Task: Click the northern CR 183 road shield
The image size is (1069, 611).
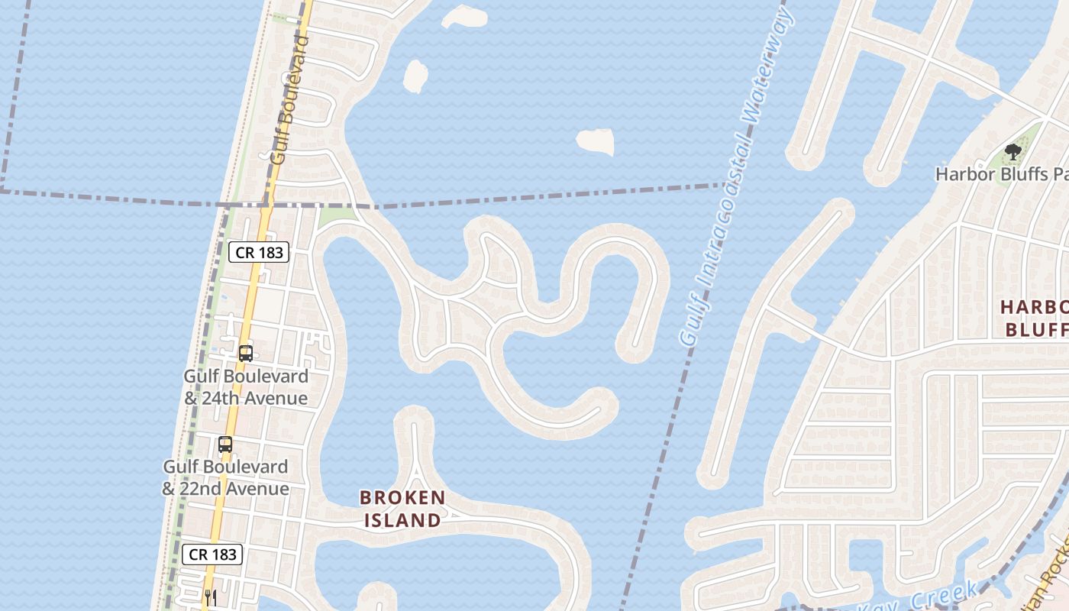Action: click(x=259, y=252)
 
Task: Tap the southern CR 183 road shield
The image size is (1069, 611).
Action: click(x=212, y=554)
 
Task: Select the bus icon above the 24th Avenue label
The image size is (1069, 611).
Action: click(x=245, y=353)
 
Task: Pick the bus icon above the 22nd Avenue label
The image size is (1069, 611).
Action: click(x=224, y=444)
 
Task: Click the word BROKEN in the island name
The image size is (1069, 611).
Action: click(x=402, y=498)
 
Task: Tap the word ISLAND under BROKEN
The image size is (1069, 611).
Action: click(x=402, y=521)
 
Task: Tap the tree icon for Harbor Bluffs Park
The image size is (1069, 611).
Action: click(x=1012, y=152)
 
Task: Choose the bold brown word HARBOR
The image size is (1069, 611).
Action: click(x=1035, y=307)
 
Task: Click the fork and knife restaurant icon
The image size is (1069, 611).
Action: click(x=211, y=597)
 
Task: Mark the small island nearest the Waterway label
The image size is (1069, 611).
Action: click(x=595, y=141)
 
